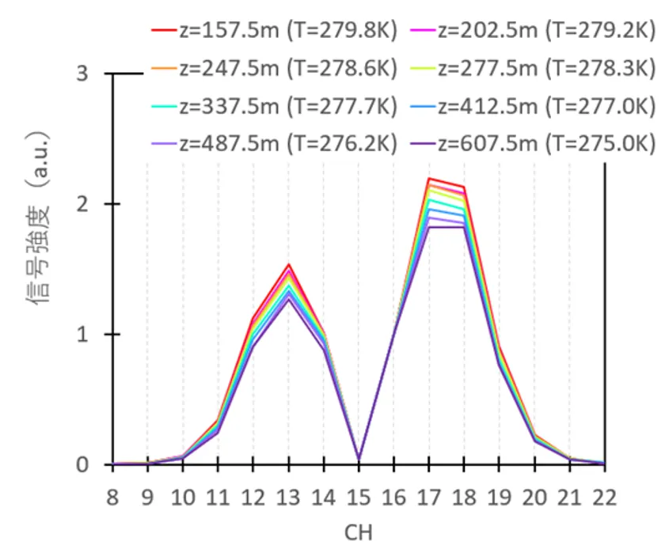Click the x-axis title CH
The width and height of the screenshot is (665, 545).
coord(358,532)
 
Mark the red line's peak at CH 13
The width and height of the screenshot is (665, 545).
coord(288,265)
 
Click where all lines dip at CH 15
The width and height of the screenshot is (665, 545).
coord(359,460)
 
